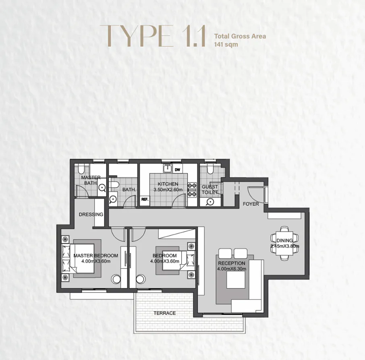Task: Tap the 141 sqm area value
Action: point(226,44)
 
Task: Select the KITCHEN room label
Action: point(168,184)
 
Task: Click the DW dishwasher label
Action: point(177,170)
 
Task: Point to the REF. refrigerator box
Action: point(144,199)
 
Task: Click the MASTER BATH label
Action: point(91,180)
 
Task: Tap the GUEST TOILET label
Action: point(210,189)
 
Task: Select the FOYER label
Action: point(251,204)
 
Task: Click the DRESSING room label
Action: point(91,214)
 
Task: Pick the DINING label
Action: point(285,240)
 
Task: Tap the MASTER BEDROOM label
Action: point(96,256)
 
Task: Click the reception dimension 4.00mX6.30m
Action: point(232,269)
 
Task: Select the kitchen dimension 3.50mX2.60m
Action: point(168,189)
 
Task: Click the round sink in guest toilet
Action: point(209,202)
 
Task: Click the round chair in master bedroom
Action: point(117,279)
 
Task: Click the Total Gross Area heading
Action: point(240,36)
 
